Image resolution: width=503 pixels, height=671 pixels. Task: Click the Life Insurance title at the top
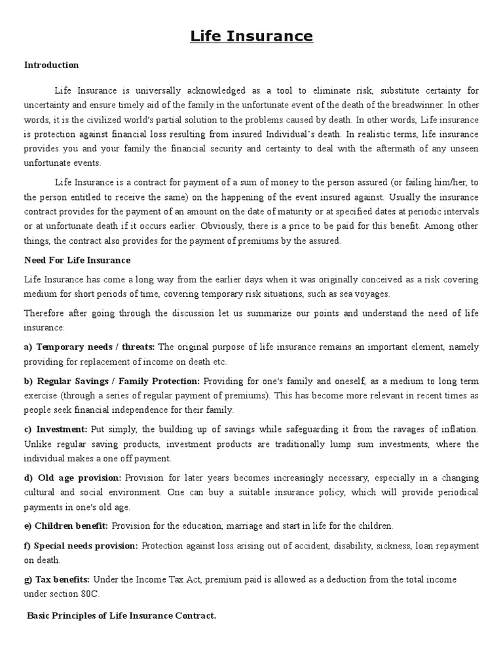(x=251, y=36)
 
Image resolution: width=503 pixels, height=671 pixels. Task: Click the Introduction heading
(x=51, y=65)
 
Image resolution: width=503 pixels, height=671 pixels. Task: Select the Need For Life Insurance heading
(x=77, y=260)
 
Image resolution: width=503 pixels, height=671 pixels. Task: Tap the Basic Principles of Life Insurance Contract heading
(x=121, y=617)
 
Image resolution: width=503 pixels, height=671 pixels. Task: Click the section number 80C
(x=93, y=594)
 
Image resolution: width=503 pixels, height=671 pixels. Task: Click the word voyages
(x=373, y=294)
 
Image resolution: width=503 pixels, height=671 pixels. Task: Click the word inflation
(x=458, y=429)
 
